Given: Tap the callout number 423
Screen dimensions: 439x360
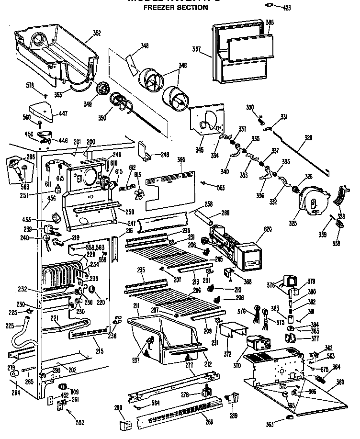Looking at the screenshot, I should point(286,8).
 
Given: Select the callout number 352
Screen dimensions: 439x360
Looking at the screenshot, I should point(97,33).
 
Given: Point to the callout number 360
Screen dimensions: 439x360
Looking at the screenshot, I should point(340,382).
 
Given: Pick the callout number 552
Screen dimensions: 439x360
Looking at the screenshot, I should point(80,422).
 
